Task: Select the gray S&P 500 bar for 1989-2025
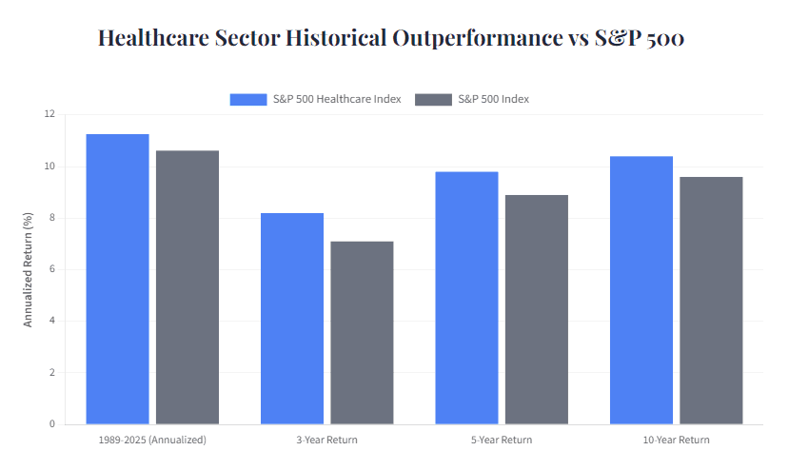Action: click(187, 287)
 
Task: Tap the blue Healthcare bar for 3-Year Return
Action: click(292, 319)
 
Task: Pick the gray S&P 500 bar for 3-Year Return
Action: click(362, 333)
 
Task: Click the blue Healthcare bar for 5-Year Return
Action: click(466, 298)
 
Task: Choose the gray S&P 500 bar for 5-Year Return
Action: click(537, 309)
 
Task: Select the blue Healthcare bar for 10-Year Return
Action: click(641, 290)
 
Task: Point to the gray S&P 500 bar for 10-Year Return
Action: click(711, 301)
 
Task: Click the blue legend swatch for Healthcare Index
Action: click(247, 99)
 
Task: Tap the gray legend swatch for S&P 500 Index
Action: click(434, 99)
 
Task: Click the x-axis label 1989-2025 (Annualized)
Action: click(152, 441)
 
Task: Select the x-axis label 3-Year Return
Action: click(326, 441)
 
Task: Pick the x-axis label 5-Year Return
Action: click(502, 441)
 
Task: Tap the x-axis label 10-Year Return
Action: click(676, 441)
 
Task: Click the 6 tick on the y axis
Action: click(52, 269)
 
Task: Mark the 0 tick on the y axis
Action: click(52, 424)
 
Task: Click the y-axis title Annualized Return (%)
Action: click(28, 269)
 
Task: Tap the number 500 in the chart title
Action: click(663, 39)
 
